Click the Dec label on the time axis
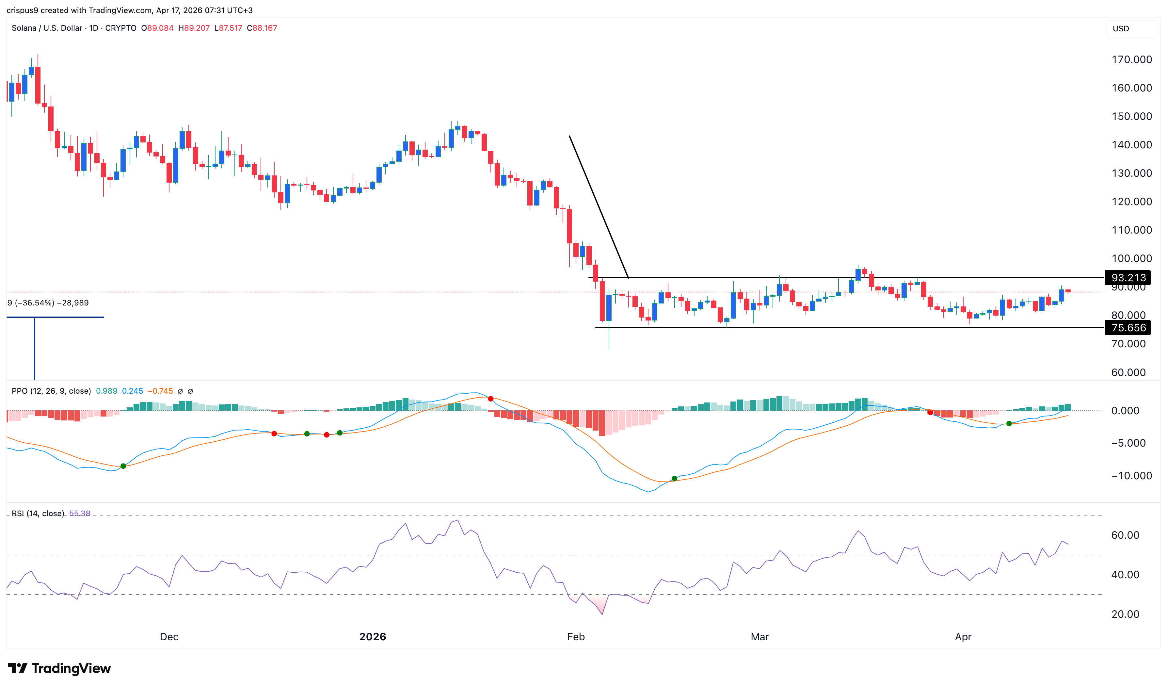pos(169,636)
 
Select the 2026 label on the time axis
pos(373,636)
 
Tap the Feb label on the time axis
pos(576,636)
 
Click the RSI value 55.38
pos(80,513)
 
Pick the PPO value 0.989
pos(106,391)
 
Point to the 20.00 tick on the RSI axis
pos(1125,614)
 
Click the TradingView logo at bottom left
pos(59,668)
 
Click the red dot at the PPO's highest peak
pos(491,399)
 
